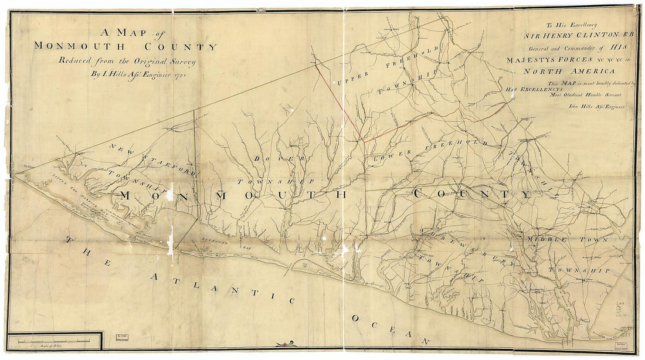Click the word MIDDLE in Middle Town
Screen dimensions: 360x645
pyautogui.click(x=547, y=240)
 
